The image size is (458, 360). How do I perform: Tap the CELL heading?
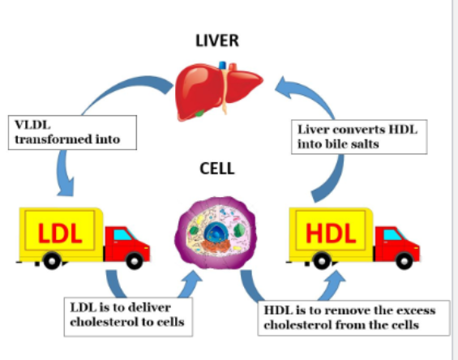(216, 169)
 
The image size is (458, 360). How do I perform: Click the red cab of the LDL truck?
(126, 242)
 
